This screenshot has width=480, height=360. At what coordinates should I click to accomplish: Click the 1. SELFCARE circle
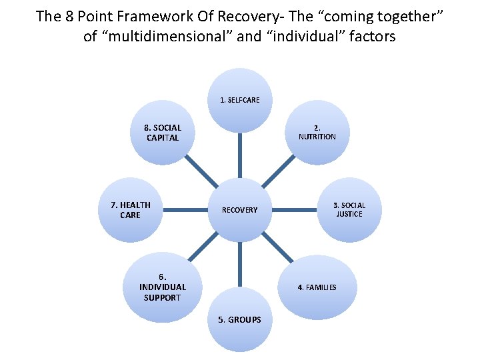(240, 100)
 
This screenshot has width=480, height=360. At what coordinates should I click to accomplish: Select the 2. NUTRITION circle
(317, 132)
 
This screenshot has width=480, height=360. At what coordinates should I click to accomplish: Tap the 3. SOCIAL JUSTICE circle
(349, 209)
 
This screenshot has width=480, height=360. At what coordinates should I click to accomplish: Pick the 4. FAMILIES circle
(317, 287)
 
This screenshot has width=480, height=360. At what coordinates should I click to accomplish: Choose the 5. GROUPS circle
(240, 319)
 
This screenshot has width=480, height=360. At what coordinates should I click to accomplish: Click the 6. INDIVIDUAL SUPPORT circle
(162, 287)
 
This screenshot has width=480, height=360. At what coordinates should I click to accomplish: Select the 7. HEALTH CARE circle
(130, 209)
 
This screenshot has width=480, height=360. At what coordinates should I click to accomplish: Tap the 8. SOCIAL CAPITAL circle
(162, 132)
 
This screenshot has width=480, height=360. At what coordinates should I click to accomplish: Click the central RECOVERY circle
(240, 209)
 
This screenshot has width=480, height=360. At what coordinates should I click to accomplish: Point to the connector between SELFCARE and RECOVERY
(240, 155)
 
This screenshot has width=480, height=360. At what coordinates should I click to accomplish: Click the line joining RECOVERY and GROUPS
(240, 265)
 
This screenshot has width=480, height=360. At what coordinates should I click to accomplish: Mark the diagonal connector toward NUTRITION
(279, 171)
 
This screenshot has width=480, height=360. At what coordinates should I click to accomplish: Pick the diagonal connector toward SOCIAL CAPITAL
(201, 171)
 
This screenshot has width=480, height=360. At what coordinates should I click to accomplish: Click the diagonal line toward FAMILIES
(279, 249)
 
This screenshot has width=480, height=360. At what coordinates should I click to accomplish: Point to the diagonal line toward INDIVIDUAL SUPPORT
(201, 249)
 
